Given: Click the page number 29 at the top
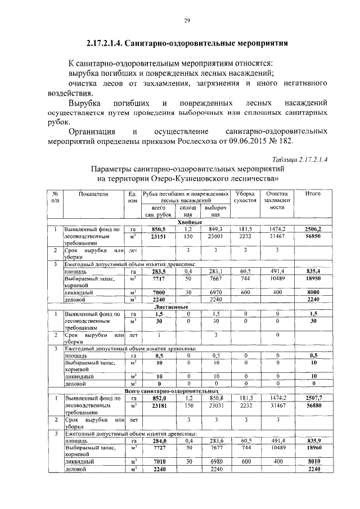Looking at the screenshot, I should pyautogui.click(x=188, y=21).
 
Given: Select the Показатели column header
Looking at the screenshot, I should pyautogui.click(x=94, y=194).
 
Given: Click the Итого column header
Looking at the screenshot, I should pyautogui.click(x=312, y=194).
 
